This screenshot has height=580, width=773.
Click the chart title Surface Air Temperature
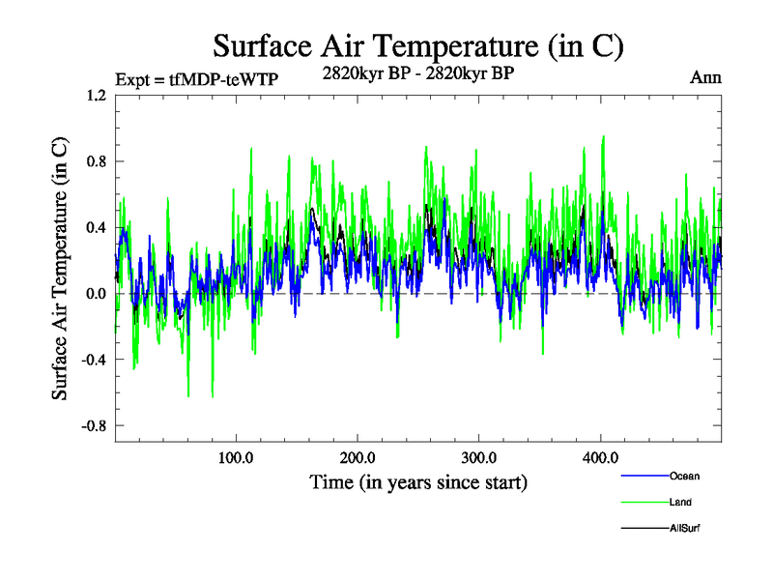(x=417, y=45)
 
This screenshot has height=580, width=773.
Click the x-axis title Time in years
(x=418, y=481)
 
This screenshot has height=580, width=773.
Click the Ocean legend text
(x=684, y=476)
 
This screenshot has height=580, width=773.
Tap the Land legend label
(x=679, y=502)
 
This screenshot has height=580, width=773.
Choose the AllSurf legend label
(x=683, y=528)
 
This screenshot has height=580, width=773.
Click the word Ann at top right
(x=705, y=77)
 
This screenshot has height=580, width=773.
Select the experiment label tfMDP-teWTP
(x=196, y=79)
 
